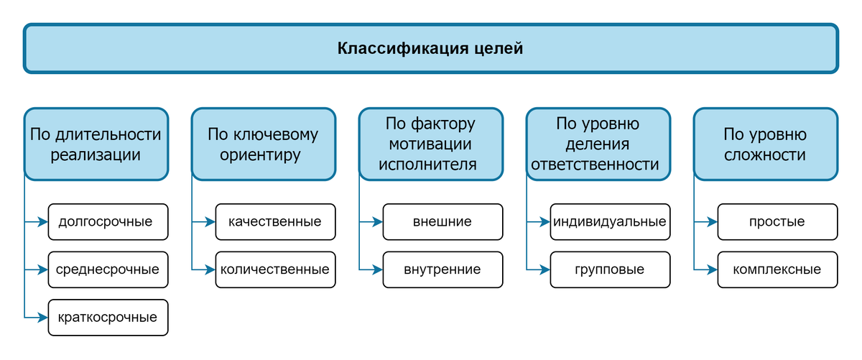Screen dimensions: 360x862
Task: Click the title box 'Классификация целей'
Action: coord(431,49)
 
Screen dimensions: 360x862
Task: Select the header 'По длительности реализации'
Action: coord(96,144)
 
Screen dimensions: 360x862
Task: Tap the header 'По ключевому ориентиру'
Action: coord(263,144)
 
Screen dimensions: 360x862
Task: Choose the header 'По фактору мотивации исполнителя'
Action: coord(430,144)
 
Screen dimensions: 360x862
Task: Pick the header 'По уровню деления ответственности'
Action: coord(598,144)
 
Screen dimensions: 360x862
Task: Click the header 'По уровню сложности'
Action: coord(765,144)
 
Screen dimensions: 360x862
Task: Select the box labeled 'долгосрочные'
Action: coord(108,221)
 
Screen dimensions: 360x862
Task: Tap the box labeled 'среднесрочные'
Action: coord(108,269)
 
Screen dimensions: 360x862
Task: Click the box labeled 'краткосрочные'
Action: coord(108,317)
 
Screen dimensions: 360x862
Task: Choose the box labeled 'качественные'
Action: coord(275,221)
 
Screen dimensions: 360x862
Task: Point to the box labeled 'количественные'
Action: coord(275,269)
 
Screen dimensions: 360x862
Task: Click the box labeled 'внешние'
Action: coord(442,221)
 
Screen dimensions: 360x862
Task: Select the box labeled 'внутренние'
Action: coord(442,269)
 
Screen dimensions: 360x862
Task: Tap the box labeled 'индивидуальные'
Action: coord(610,221)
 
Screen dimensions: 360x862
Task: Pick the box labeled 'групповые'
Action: coord(610,269)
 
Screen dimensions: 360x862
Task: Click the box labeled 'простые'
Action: coord(777,221)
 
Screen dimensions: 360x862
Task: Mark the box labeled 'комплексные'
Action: coord(777,269)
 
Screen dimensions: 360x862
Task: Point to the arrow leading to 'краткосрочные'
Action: coord(37,317)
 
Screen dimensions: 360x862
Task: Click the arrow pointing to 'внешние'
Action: coord(372,221)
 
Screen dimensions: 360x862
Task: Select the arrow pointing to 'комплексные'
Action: coord(707,269)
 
